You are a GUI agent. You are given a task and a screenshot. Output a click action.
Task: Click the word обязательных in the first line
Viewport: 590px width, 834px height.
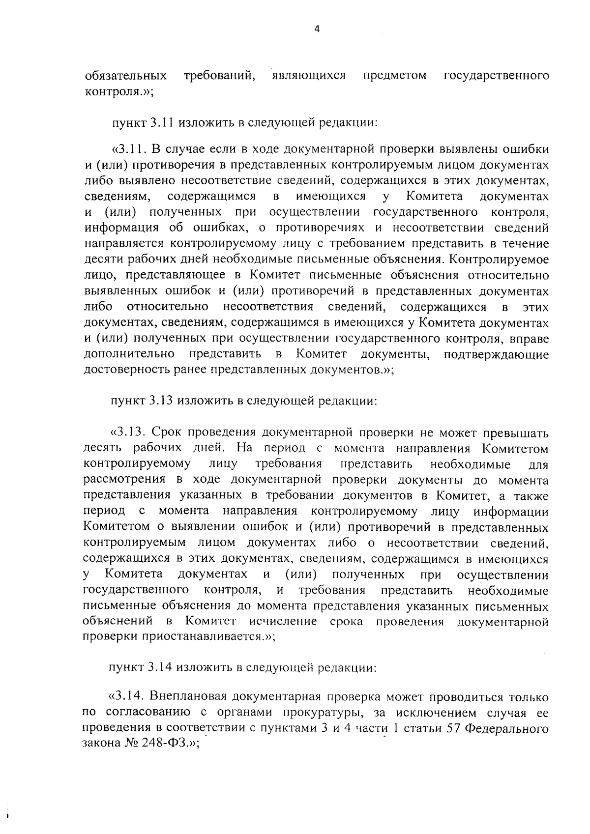coord(125,76)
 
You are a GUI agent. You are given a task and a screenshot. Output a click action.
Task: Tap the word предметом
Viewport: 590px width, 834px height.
coord(394,76)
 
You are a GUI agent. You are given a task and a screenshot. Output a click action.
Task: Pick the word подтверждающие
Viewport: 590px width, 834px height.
coord(496,354)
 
